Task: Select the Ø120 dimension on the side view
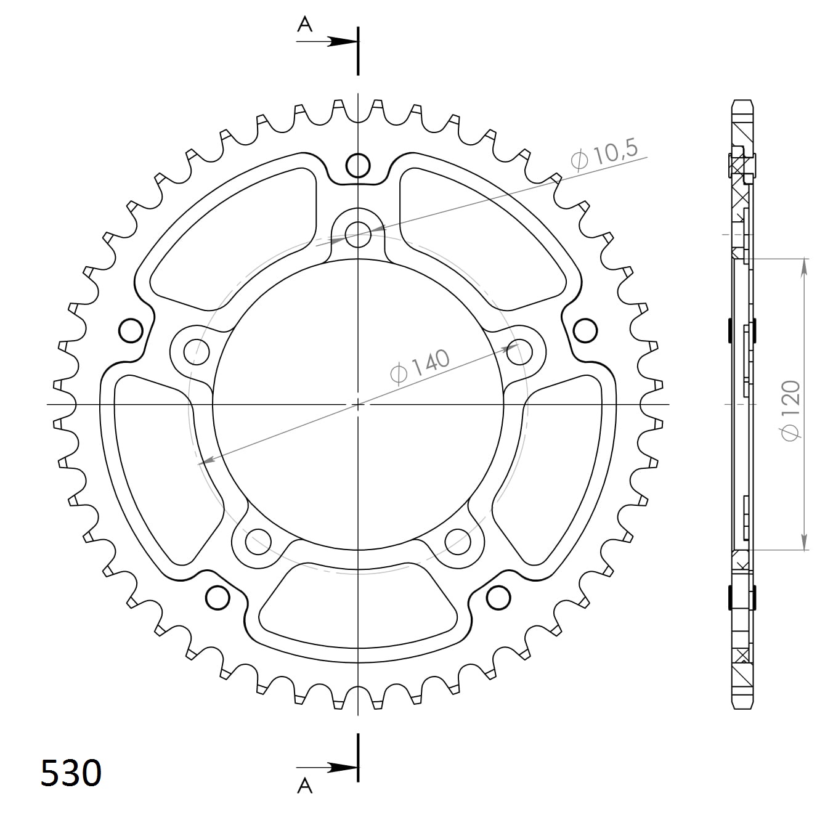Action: coord(790,410)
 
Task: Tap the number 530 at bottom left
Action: coord(71,773)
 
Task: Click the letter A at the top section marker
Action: coord(304,24)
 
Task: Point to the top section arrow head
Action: coord(342,41)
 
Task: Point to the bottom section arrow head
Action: coord(342,768)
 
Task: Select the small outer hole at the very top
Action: coord(358,165)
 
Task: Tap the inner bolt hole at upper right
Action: coord(519,352)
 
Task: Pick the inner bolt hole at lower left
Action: coord(258,542)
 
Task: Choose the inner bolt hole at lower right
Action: coord(458,542)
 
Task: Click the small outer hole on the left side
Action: coord(131,331)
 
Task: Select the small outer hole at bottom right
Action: coord(498,597)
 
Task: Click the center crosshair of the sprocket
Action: coord(358,404)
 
